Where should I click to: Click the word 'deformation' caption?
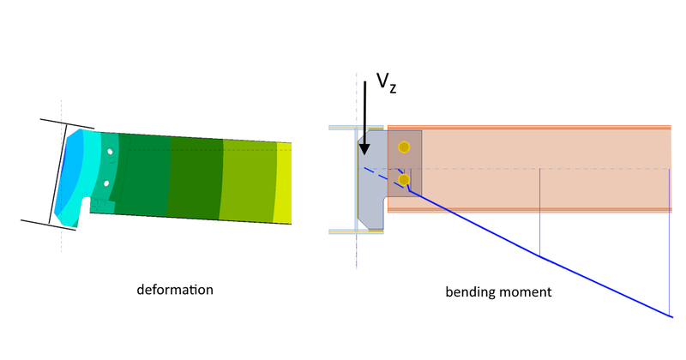pyautogui.click(x=175, y=290)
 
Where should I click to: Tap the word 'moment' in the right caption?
pyautogui.click(x=523, y=292)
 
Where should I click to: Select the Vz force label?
pyautogui.click(x=387, y=85)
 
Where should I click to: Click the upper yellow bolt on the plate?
pyautogui.click(x=404, y=147)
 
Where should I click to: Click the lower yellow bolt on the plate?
pyautogui.click(x=404, y=180)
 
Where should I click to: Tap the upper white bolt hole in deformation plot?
pyautogui.click(x=109, y=152)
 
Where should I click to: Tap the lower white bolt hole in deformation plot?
pyautogui.click(x=105, y=183)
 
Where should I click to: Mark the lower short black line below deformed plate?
pyautogui.click(x=50, y=225)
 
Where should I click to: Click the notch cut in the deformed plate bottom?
pyautogui.click(x=83, y=207)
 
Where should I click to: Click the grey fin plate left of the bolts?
pyautogui.click(x=373, y=193)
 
